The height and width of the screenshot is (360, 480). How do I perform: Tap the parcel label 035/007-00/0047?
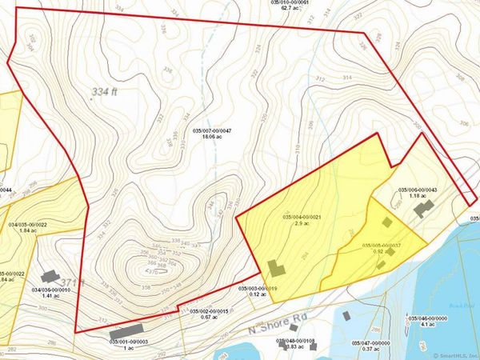pos(212,130)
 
